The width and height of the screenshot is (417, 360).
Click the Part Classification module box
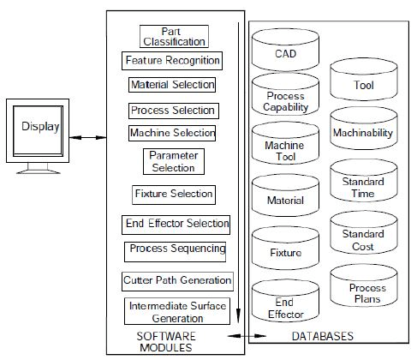[x=173, y=36]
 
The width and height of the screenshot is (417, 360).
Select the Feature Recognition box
[x=172, y=61]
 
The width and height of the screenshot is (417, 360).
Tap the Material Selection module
[x=172, y=85]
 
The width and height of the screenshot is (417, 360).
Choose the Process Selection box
[x=173, y=111]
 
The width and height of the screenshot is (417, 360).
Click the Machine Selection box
[x=172, y=134]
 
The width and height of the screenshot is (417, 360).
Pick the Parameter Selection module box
[x=173, y=161]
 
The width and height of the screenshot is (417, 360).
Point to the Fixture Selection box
[x=173, y=194]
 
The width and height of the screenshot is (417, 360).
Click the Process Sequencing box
[x=176, y=249]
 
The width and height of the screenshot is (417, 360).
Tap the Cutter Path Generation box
[x=177, y=279]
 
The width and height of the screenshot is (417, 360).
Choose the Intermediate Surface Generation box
[x=178, y=311]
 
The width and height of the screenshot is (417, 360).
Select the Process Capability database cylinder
[x=285, y=102]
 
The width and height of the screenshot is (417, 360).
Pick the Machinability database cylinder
[x=362, y=131]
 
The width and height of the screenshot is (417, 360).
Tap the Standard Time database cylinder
[x=362, y=186]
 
